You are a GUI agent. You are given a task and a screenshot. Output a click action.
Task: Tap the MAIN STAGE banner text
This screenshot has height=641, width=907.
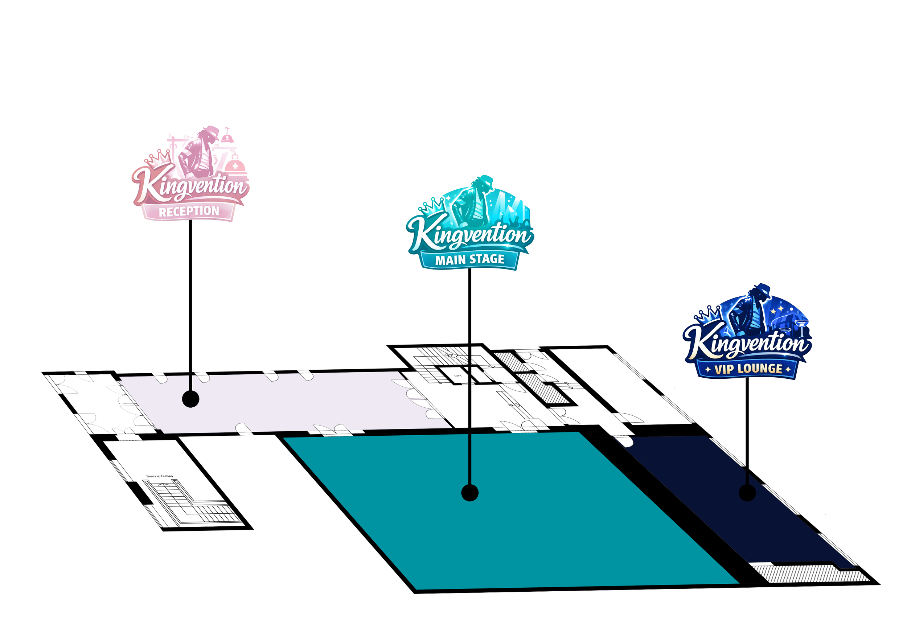pyautogui.click(x=470, y=259)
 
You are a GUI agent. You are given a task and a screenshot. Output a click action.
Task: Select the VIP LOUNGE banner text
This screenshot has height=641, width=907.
pyautogui.click(x=748, y=369)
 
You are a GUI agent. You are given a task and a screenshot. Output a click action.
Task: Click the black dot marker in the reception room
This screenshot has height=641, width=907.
pyautogui.click(x=190, y=399)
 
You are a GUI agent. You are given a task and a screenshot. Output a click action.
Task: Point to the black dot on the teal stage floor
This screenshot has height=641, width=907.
pyautogui.click(x=470, y=493)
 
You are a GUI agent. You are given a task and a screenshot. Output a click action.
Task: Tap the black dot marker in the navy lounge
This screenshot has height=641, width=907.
pyautogui.click(x=747, y=493)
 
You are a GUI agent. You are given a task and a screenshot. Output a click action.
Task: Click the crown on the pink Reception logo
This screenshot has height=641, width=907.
pyautogui.click(x=158, y=157)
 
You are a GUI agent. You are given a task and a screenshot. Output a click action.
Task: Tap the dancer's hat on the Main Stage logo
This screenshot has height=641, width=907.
pyautogui.click(x=485, y=180)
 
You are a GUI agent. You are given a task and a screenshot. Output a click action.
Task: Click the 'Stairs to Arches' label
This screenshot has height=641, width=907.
pyautogui.click(x=160, y=476)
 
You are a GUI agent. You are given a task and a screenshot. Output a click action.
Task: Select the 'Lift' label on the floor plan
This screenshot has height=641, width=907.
pyautogui.click(x=458, y=375)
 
